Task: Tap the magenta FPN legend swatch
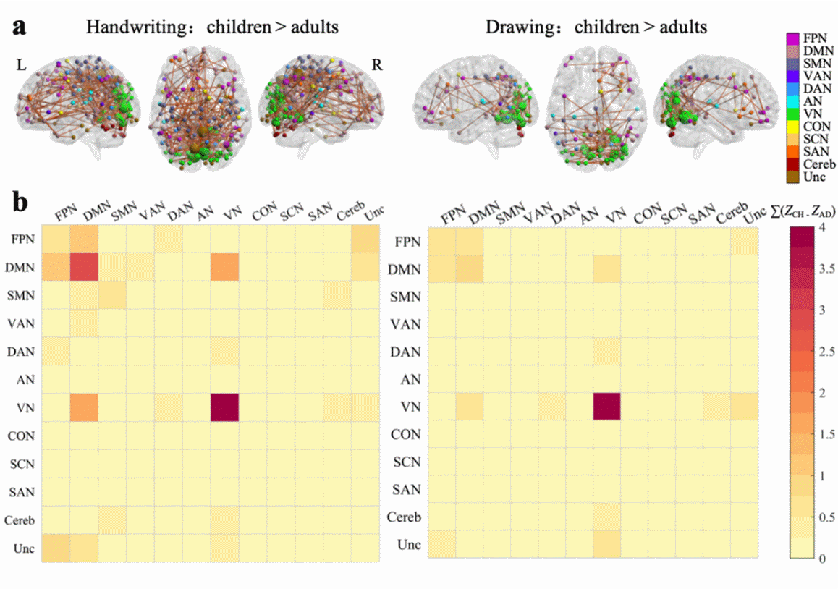(x=793, y=38)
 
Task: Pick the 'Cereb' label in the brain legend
(x=818, y=164)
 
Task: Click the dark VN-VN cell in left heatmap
(x=224, y=407)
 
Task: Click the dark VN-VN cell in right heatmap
(x=606, y=407)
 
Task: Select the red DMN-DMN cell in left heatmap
(x=84, y=267)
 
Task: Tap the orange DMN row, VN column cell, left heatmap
(x=224, y=267)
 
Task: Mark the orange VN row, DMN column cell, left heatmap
(x=84, y=407)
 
